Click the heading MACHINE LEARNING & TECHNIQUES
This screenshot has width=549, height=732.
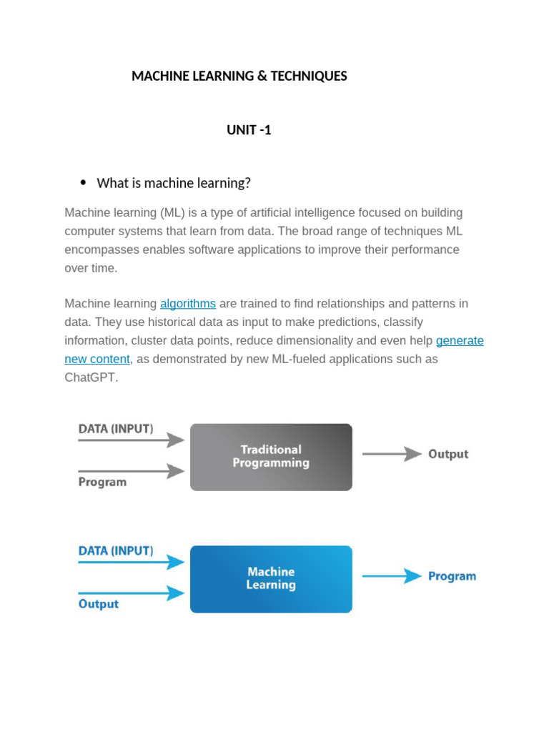pyautogui.click(x=239, y=76)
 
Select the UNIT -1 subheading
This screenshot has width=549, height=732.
pyautogui.click(x=249, y=130)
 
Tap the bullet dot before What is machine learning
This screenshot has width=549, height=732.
pyautogui.click(x=83, y=183)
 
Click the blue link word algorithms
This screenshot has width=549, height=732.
pyautogui.click(x=187, y=304)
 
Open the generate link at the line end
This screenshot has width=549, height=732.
pyautogui.click(x=460, y=340)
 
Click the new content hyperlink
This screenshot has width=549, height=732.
pyautogui.click(x=97, y=359)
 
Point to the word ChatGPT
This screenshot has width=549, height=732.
pyautogui.click(x=91, y=377)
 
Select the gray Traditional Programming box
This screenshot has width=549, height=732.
pyautogui.click(x=271, y=457)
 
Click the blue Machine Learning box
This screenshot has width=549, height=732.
pyautogui.click(x=271, y=579)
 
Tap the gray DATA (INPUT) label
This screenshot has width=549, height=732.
pyautogui.click(x=115, y=429)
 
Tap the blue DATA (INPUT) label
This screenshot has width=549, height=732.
pyautogui.click(x=115, y=551)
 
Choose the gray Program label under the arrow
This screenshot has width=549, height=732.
pyautogui.click(x=102, y=483)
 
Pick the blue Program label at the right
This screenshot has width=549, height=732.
pyautogui.click(x=452, y=576)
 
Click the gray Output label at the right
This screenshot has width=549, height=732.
pyautogui.click(x=448, y=454)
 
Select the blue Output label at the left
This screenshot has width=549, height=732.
pyautogui.click(x=98, y=604)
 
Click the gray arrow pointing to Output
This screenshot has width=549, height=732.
pyautogui.click(x=392, y=454)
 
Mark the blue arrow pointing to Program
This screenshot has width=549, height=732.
pyautogui.click(x=392, y=576)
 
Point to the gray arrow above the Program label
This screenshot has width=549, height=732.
pyautogui.click(x=132, y=471)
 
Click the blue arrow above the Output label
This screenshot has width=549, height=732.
pyautogui.click(x=132, y=593)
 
